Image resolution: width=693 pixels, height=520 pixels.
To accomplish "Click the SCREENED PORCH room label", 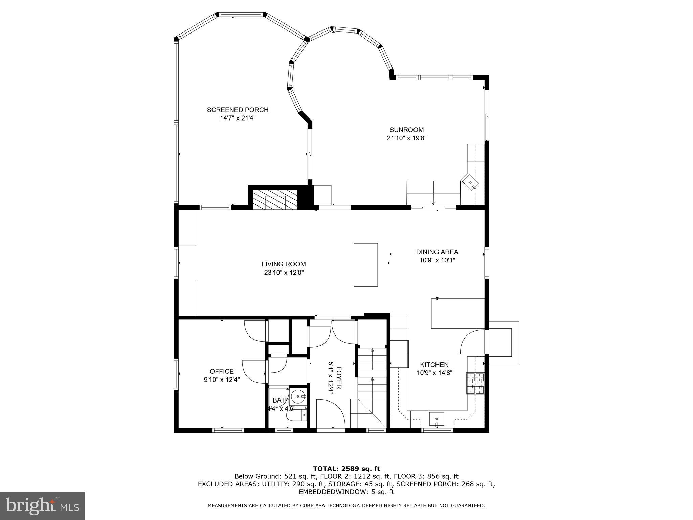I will coord(238,110).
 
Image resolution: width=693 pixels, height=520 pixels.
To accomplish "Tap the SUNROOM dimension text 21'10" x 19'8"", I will coord(406,138).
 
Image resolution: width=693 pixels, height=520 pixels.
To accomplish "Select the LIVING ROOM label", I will coord(284,264).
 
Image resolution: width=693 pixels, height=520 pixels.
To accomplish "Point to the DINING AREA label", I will coord(437,252).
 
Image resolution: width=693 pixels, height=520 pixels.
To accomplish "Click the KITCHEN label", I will coord(434,365).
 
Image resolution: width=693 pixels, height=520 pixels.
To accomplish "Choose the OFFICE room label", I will coord(222,371).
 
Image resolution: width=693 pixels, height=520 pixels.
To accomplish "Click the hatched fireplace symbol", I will coord(275,199).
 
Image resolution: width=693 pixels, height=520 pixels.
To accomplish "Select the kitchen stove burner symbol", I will coord(475,383).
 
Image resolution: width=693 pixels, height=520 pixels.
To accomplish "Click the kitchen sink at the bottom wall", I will coord(437,419).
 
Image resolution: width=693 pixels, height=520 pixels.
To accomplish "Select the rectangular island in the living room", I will coord(366,265).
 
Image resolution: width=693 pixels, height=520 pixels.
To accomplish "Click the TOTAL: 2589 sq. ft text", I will coord(346,469).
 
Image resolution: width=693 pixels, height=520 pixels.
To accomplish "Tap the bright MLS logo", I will coord(42,506).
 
